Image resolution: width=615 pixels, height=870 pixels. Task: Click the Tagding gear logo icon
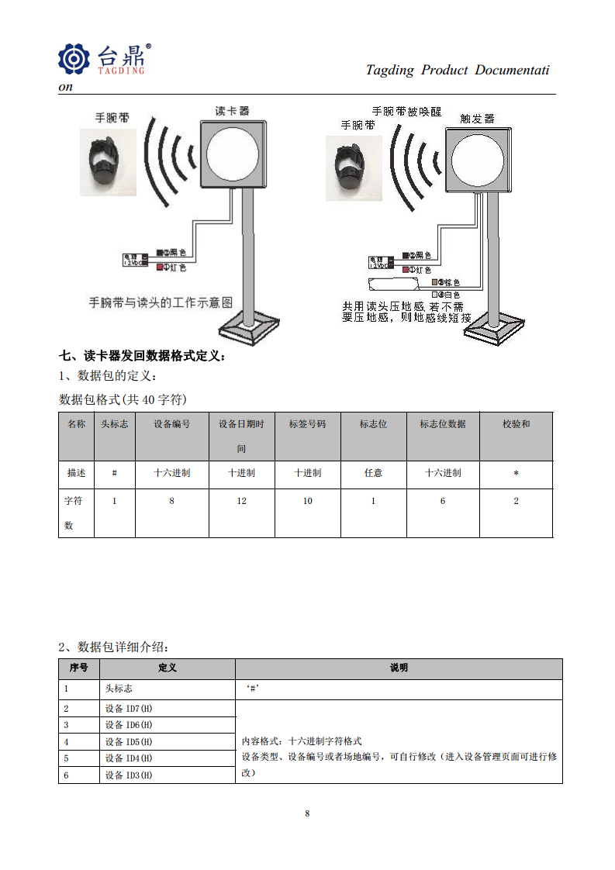(x=74, y=59)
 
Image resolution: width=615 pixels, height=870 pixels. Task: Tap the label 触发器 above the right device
(x=477, y=119)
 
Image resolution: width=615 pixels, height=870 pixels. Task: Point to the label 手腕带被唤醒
(x=406, y=112)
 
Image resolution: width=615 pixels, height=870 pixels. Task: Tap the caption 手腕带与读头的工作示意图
(x=161, y=302)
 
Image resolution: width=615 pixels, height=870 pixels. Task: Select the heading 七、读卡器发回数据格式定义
(x=143, y=357)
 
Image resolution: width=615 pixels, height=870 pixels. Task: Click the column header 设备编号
(x=171, y=424)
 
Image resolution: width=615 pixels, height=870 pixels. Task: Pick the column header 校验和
(x=516, y=424)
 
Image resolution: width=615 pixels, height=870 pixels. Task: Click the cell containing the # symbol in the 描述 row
(x=114, y=473)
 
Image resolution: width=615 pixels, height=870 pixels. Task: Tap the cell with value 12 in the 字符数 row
(x=241, y=501)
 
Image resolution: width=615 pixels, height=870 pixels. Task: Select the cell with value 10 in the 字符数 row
(x=307, y=501)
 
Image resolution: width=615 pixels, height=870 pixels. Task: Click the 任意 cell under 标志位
(x=373, y=473)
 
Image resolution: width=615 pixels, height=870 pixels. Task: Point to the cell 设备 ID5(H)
(x=129, y=741)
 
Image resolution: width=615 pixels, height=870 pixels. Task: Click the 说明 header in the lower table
(x=399, y=668)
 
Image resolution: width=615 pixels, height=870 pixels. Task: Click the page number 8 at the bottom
(x=307, y=813)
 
